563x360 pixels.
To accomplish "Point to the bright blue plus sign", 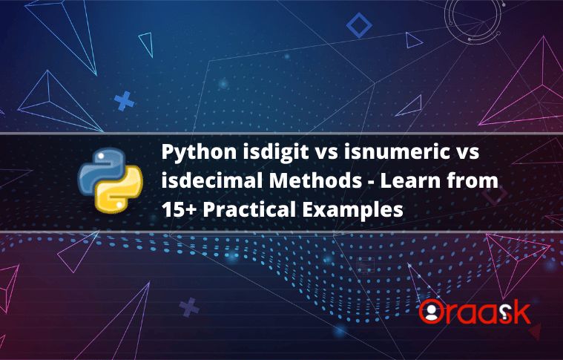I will click(x=125, y=101).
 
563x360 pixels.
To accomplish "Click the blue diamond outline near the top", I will click(x=359, y=27).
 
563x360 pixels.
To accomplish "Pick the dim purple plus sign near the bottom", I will click(x=191, y=307).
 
